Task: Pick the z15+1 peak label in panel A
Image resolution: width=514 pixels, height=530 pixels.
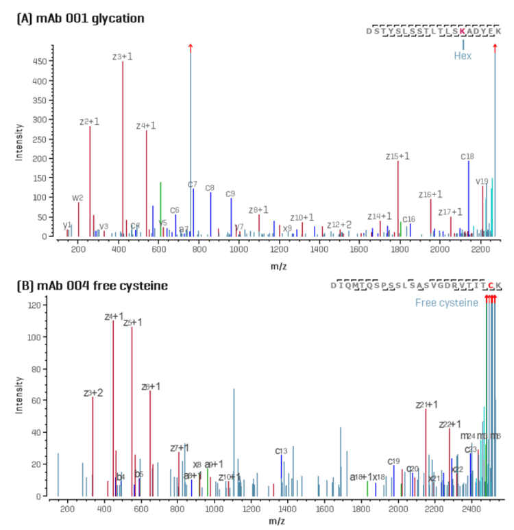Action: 397,156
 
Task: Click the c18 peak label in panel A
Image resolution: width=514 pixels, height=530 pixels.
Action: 468,156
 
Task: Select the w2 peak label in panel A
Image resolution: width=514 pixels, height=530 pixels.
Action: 77,198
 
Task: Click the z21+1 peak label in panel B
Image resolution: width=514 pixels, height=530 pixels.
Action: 426,405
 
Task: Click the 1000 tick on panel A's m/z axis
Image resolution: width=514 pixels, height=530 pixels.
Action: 239,246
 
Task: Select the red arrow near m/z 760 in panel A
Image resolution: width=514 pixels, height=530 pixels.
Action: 191,47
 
